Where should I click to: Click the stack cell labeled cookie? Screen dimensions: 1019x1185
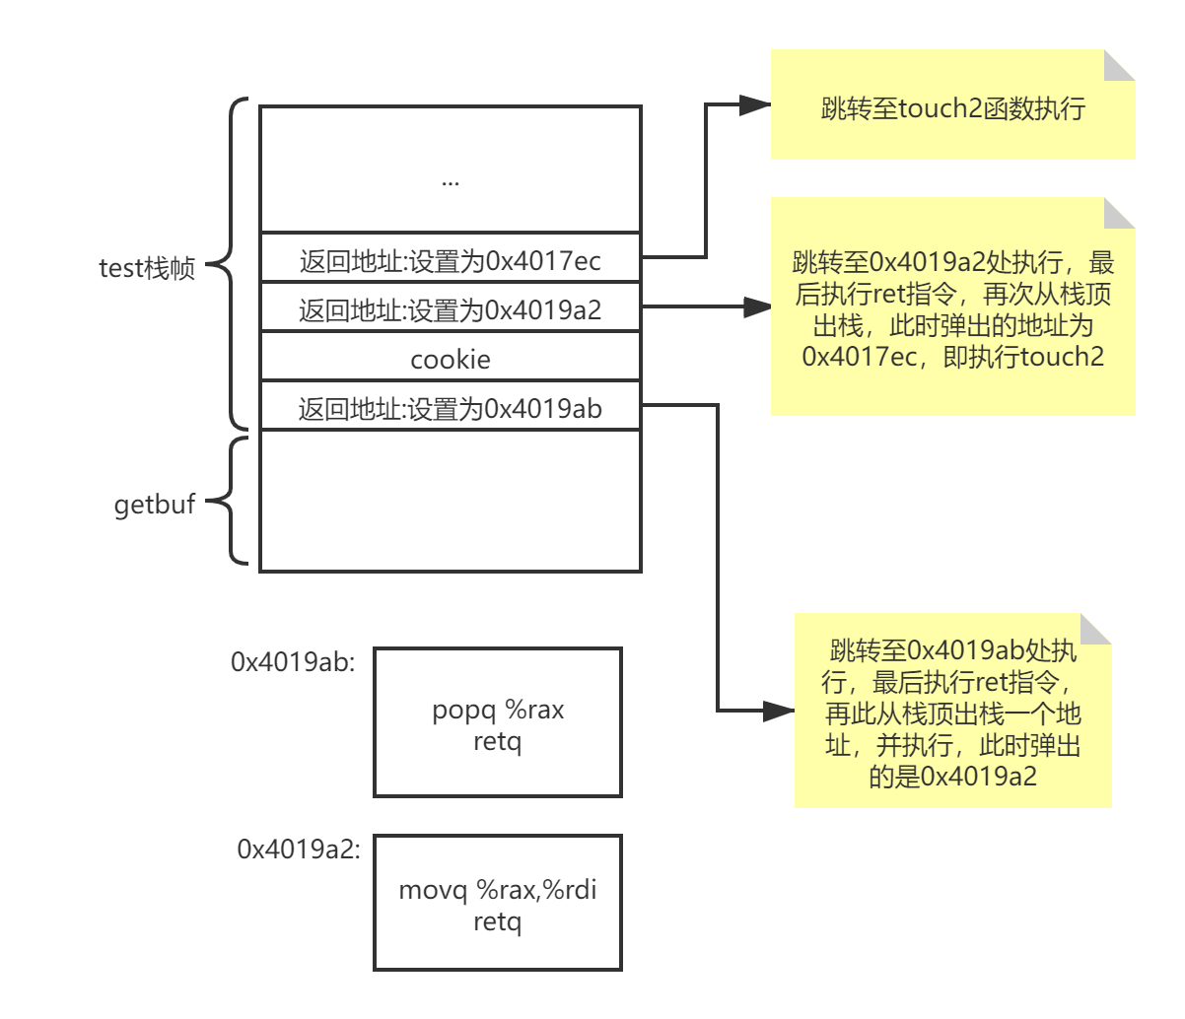[451, 359]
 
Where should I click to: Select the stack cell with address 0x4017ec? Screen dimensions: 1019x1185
[451, 261]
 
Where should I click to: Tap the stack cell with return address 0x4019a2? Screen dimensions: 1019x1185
[451, 310]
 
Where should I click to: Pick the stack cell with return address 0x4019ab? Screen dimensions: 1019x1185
[451, 408]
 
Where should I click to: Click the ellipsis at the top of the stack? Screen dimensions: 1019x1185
[451, 181]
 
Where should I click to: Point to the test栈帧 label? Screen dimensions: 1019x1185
[148, 268]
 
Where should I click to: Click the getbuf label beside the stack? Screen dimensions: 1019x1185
[155, 505]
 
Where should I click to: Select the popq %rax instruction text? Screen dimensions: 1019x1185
[498, 710]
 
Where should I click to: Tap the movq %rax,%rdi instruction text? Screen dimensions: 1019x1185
[498, 891]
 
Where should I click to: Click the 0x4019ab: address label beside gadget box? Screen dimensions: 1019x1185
[293, 662]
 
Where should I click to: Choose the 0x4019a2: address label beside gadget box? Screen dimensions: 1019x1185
[299, 849]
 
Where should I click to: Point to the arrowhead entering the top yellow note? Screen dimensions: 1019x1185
[756, 106]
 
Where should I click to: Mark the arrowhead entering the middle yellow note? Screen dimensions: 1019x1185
[756, 308]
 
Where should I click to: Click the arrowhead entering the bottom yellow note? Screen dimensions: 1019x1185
[780, 710]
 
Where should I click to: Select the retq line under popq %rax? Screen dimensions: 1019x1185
[498, 741]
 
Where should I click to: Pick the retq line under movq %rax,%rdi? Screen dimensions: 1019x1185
[498, 922]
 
